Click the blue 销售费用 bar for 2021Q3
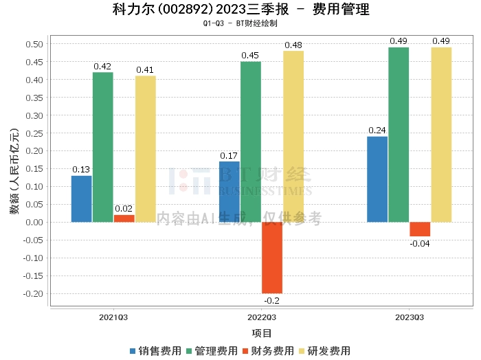click(81, 199)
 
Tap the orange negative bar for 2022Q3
click(272, 258)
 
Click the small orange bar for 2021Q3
click(124, 218)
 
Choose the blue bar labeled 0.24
click(377, 179)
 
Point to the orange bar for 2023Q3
click(420, 229)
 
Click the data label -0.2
click(272, 300)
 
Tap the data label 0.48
click(293, 45)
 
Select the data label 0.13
click(81, 170)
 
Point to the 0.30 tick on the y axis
click(34, 115)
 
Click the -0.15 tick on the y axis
click(33, 275)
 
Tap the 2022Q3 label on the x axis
click(261, 317)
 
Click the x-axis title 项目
click(262, 333)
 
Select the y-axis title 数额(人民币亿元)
click(14, 172)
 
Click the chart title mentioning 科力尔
click(240, 10)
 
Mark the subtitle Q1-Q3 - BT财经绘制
click(240, 23)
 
